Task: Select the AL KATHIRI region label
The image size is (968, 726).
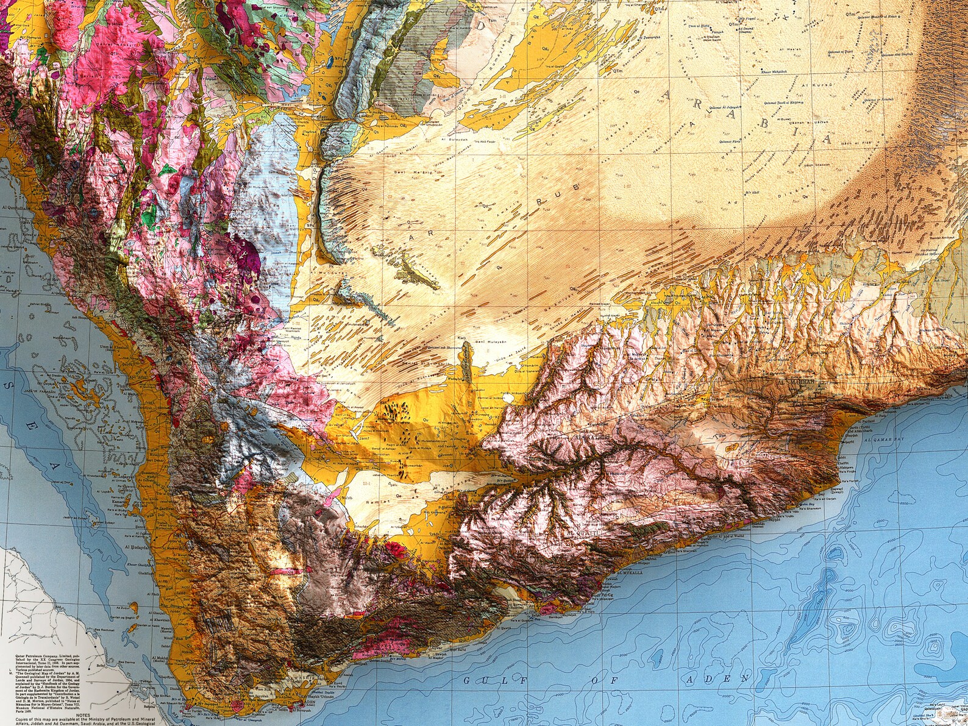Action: (x=594, y=438)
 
